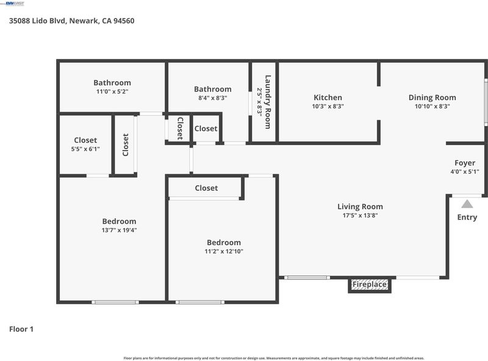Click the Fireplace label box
[x=370, y=285]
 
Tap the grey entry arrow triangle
[x=467, y=204]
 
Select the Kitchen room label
[x=328, y=98]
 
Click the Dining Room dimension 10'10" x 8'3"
[x=432, y=106]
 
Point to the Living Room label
[x=360, y=207]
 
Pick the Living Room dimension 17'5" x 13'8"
[x=360, y=215]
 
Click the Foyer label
[x=465, y=163]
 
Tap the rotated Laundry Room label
[x=268, y=102]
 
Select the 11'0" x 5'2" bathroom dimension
[x=112, y=91]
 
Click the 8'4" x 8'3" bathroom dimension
[x=212, y=98]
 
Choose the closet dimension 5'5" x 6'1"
[x=85, y=149]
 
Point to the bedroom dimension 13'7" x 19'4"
[x=119, y=231]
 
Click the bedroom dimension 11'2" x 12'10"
[x=224, y=251]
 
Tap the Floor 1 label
[x=21, y=329]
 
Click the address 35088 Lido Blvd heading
[x=71, y=21]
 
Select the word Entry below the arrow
[x=467, y=217]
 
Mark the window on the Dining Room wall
[x=486, y=102]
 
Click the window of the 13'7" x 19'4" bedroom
[x=115, y=302]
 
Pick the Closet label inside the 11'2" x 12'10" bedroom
[x=206, y=188]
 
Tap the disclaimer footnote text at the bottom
[x=273, y=358]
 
